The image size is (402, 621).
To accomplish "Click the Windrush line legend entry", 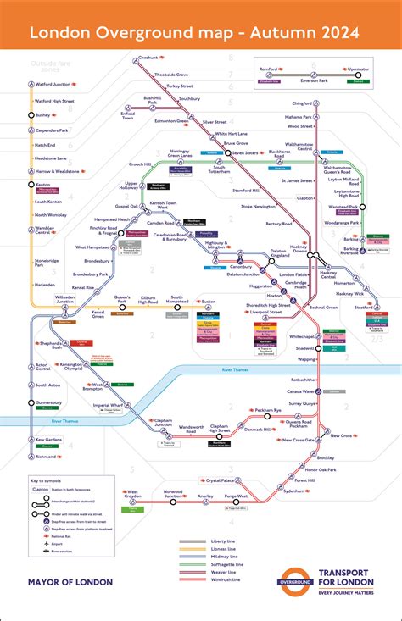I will (x=221, y=581).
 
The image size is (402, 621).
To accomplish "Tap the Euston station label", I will (x=209, y=301).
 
